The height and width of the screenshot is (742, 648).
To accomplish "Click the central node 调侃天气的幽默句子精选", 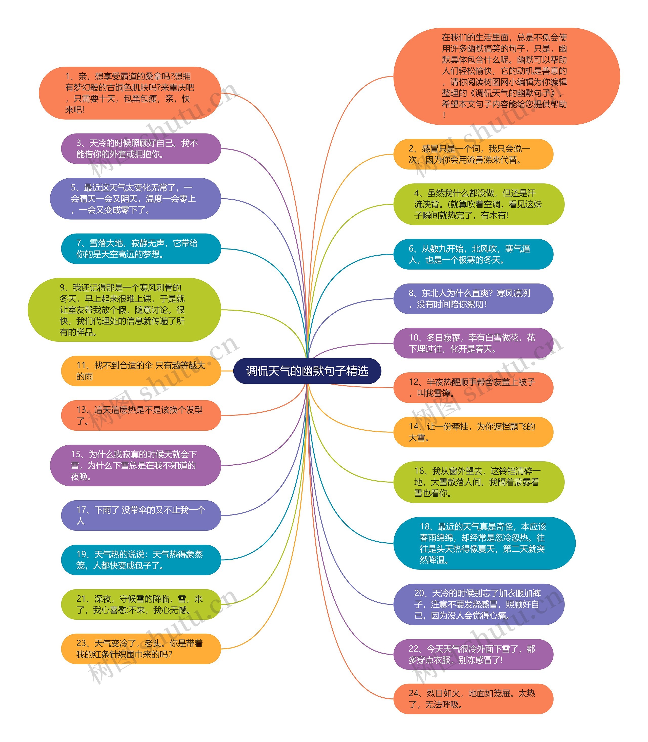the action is click(307, 371).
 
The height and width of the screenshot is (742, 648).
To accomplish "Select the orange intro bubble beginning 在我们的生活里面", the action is click(506, 76).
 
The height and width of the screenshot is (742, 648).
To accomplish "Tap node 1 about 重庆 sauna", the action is click(130, 93).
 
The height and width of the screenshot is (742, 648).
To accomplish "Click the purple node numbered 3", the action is click(141, 148).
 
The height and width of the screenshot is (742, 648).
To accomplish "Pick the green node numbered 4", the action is click(478, 204).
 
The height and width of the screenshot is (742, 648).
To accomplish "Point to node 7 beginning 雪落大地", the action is click(141, 249).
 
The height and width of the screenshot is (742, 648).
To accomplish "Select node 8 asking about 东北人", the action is click(473, 299).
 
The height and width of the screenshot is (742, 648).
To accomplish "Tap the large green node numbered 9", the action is click(124, 310).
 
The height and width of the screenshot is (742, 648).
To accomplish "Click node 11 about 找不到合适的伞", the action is click(141, 371).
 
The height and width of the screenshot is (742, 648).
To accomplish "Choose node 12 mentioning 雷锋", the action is click(473, 387).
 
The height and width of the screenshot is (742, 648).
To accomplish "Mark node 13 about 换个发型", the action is click(141, 415).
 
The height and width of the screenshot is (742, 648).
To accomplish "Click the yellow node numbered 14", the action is click(473, 432).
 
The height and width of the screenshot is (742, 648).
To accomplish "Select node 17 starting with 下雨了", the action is click(141, 516).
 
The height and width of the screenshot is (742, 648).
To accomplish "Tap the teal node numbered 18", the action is click(484, 543).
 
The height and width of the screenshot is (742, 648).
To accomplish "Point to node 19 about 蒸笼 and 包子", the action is click(141, 560).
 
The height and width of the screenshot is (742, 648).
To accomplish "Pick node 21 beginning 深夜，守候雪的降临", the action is click(141, 604).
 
